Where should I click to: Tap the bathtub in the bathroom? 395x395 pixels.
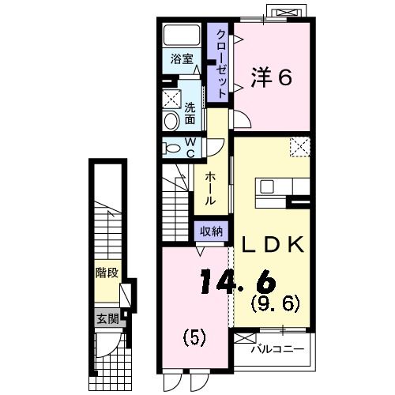[x=182, y=36]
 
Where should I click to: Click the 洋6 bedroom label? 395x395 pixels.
[x=272, y=77]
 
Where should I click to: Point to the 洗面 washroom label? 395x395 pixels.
[x=190, y=114]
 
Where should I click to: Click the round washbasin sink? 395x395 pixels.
[x=171, y=120]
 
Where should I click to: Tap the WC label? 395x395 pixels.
[x=190, y=148]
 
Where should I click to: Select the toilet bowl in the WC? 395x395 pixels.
[x=171, y=148]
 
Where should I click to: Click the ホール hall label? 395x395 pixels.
[x=210, y=190]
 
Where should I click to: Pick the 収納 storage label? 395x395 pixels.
[x=211, y=231]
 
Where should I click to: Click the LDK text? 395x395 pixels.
[x=273, y=245]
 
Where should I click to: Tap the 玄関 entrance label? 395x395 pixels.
[x=107, y=319]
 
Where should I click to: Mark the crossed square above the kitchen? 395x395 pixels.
[x=299, y=146]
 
